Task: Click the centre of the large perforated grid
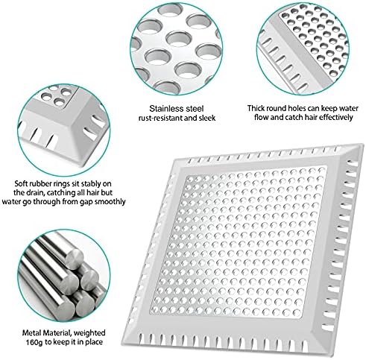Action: tap(254, 238)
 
